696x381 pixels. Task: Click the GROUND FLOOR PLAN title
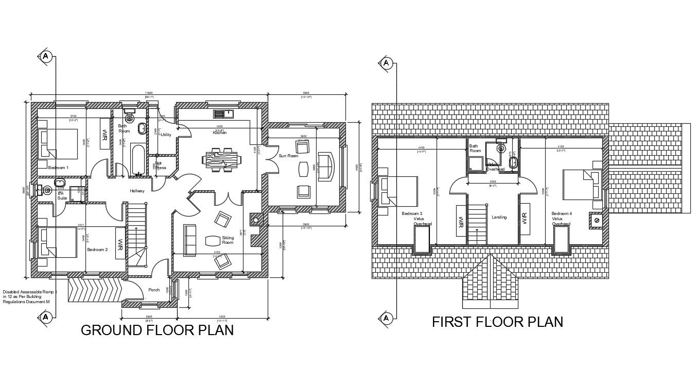157,330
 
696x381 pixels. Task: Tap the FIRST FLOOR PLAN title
497,322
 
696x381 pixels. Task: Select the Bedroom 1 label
58,168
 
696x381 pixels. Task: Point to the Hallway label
137,191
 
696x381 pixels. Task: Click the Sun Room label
288,156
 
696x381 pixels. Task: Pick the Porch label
154,290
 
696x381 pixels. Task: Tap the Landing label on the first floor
499,217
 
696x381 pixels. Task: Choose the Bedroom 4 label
562,213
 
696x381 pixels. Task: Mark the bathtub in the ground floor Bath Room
138,161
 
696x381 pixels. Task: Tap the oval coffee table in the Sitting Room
212,240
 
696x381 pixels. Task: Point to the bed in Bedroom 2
56,243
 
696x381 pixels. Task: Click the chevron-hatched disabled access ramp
95,291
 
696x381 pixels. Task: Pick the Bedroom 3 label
412,213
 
